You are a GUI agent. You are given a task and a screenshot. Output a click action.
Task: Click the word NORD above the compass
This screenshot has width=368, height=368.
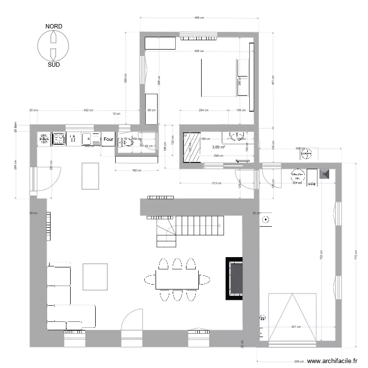point(53,26)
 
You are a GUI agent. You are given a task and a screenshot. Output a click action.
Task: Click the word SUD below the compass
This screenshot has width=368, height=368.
point(53,64)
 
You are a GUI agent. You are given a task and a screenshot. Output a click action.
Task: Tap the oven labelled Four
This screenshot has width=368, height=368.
point(108,139)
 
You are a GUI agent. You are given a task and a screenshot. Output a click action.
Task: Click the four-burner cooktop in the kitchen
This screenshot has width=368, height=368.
point(59,139)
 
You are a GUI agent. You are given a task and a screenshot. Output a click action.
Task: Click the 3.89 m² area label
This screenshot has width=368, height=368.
point(218,147)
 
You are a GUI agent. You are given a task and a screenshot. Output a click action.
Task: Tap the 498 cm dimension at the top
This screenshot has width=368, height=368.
point(199,18)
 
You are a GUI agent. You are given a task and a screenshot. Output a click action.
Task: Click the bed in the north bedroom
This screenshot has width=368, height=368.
point(218,78)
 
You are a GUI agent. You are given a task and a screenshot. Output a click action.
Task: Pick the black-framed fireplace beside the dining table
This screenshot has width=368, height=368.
point(235,278)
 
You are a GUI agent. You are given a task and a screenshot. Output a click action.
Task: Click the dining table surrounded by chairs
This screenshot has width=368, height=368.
point(178,279)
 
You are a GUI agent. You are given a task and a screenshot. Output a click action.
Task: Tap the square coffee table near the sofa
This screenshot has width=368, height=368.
point(95,276)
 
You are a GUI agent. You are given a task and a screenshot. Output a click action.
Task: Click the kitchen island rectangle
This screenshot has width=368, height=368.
point(90,176)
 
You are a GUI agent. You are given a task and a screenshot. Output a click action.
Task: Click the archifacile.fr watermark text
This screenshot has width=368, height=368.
point(330,361)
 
